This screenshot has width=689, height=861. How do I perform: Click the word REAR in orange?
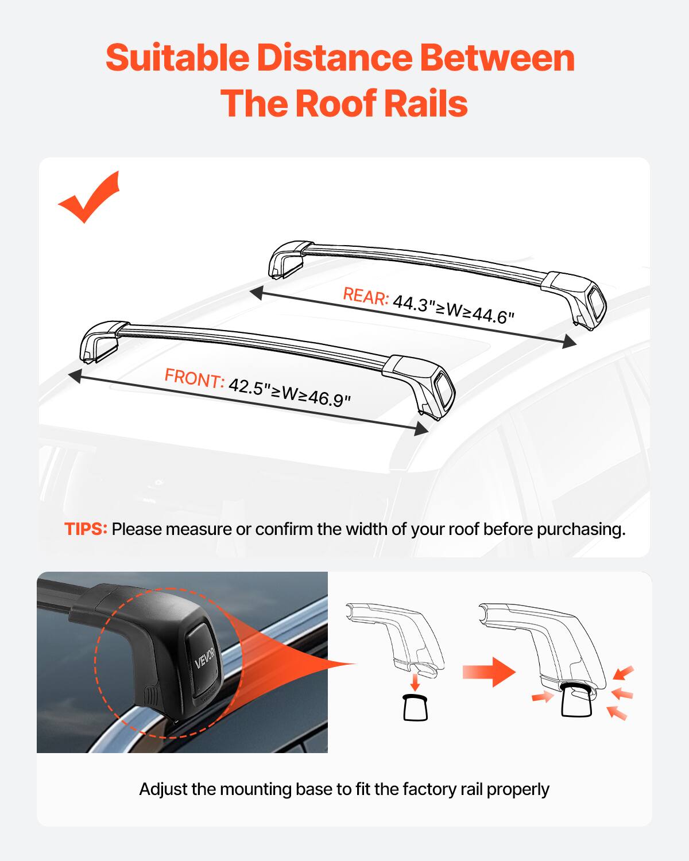pyautogui.click(x=366, y=296)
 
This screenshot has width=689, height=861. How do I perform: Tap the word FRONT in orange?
pyautogui.click(x=193, y=379)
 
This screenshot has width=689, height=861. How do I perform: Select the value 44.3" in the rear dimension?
pyautogui.click(x=411, y=304)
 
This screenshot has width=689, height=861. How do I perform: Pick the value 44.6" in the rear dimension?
pyautogui.click(x=493, y=315)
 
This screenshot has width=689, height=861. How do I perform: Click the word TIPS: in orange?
pyautogui.click(x=86, y=529)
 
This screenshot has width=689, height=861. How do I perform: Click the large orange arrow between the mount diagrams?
pyautogui.click(x=489, y=671)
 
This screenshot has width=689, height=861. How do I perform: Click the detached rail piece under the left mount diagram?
pyautogui.click(x=415, y=707)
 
